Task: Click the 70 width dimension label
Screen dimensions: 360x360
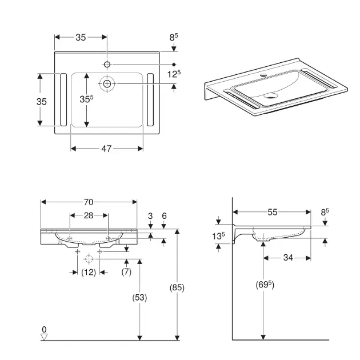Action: (89, 202)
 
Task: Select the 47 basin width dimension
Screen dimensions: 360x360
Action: (106, 149)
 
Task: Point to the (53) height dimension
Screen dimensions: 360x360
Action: (139, 297)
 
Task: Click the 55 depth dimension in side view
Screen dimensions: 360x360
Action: (271, 212)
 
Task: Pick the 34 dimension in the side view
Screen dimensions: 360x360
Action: (287, 258)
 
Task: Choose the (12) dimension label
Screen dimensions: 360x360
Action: (89, 272)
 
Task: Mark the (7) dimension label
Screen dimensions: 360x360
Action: (126, 272)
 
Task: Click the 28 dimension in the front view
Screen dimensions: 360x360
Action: (89, 215)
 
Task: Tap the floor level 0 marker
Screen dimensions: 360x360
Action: (44, 330)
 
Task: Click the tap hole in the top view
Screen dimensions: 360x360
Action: (107, 64)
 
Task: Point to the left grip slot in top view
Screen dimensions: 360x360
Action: (63, 100)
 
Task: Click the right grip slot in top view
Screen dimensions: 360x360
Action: (150, 100)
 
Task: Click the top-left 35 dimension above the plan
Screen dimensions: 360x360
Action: (80, 37)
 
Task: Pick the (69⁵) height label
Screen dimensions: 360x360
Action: (262, 285)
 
